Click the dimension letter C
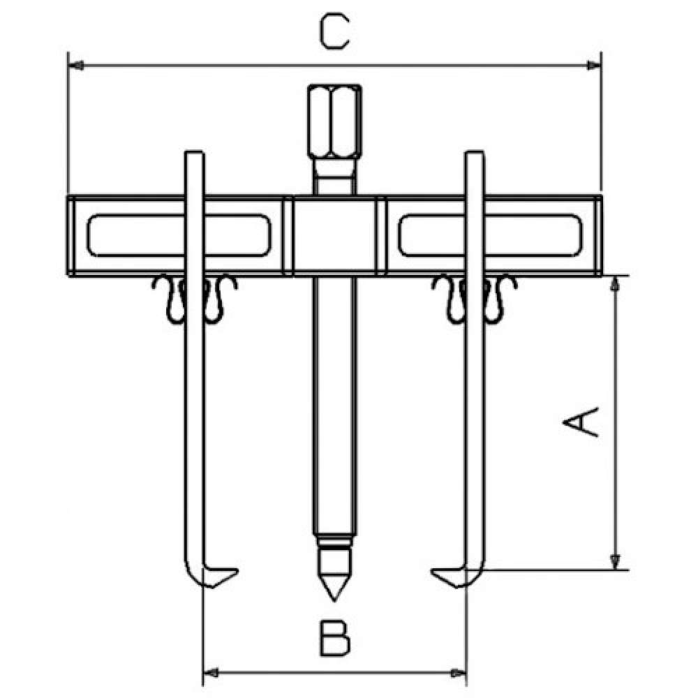click(335, 31)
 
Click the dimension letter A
click(581, 422)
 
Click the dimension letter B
click(335, 639)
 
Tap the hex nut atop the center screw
click(335, 121)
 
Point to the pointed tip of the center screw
click(335, 600)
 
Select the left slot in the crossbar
click(179, 235)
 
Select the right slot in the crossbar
click(490, 235)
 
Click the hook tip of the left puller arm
click(237, 571)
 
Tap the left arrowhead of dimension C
click(76, 66)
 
